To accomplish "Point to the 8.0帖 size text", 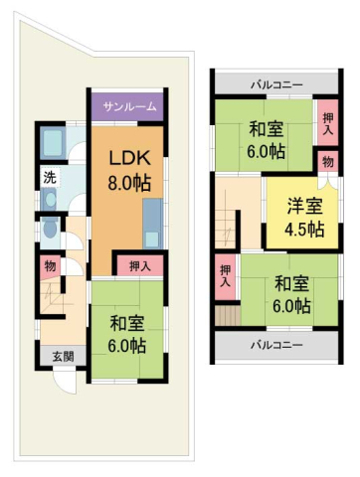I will [129, 184].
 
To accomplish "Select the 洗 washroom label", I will [49, 179].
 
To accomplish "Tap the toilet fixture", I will [51, 230].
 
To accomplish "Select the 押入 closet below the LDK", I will [140, 265].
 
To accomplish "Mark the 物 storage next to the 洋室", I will [327, 161].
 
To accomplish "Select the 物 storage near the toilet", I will [49, 266].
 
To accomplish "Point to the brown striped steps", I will [227, 316].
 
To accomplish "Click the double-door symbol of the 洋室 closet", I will [327, 182].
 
